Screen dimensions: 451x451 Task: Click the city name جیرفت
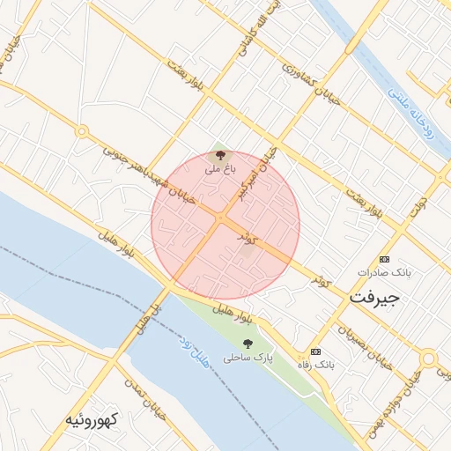click(x=374, y=297)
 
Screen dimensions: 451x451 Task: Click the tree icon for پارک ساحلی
click(x=248, y=343)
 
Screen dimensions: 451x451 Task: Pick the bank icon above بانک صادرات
click(x=384, y=259)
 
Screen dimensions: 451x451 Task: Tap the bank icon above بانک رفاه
click(x=316, y=351)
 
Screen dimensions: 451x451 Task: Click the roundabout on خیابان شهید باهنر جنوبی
click(x=82, y=132)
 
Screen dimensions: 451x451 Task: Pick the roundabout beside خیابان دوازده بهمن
click(x=429, y=359)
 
